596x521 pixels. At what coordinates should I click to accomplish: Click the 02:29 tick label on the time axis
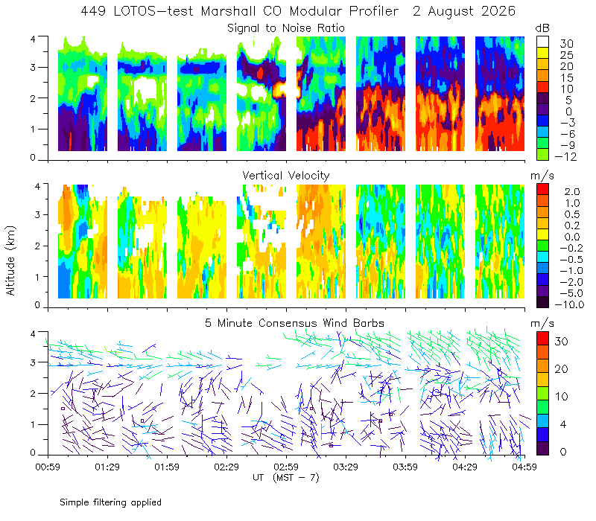click(226, 467)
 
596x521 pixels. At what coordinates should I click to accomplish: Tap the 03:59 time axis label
click(405, 467)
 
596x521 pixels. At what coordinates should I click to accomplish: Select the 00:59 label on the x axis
click(48, 467)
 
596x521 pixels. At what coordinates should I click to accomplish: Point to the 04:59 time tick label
click(524, 467)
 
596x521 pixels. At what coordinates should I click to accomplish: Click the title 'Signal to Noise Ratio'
click(286, 28)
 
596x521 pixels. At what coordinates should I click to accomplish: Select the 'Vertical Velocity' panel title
click(286, 176)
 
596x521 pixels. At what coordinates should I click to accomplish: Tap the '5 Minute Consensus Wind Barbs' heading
click(294, 323)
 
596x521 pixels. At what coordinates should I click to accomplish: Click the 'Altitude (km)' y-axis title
click(10, 260)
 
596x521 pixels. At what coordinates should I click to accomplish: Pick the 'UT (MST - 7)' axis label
click(286, 478)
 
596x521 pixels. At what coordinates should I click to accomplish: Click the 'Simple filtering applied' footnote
click(110, 503)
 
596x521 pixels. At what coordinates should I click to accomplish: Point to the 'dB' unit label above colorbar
click(542, 28)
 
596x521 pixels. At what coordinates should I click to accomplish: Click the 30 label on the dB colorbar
click(566, 44)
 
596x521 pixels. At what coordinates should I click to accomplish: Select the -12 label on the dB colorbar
click(565, 156)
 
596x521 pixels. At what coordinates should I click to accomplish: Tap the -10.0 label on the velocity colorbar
click(569, 304)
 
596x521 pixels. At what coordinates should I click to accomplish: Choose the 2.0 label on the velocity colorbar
click(572, 192)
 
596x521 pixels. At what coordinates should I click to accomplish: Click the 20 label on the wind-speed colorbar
click(562, 369)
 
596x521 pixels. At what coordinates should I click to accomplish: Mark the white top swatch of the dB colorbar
click(542, 42)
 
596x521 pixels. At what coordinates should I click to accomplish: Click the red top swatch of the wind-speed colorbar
click(542, 339)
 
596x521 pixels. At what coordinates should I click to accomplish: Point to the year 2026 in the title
click(498, 11)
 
